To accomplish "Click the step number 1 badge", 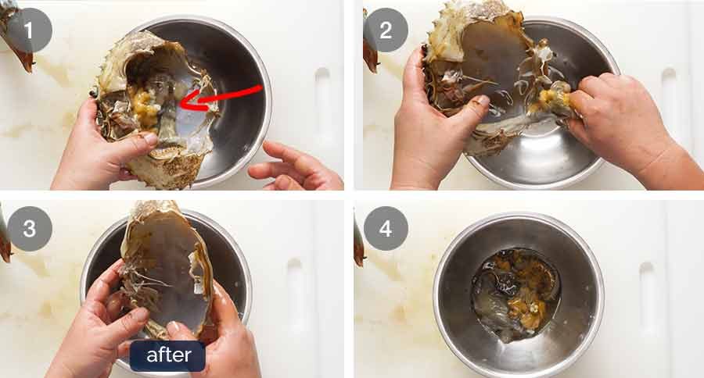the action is (29, 30).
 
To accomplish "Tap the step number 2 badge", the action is (386, 30).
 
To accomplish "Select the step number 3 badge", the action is (30, 229).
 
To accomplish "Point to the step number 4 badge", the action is (386, 229).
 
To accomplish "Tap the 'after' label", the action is (168, 356).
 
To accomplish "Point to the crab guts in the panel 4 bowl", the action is (515, 294).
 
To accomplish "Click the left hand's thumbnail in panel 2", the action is (483, 100).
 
